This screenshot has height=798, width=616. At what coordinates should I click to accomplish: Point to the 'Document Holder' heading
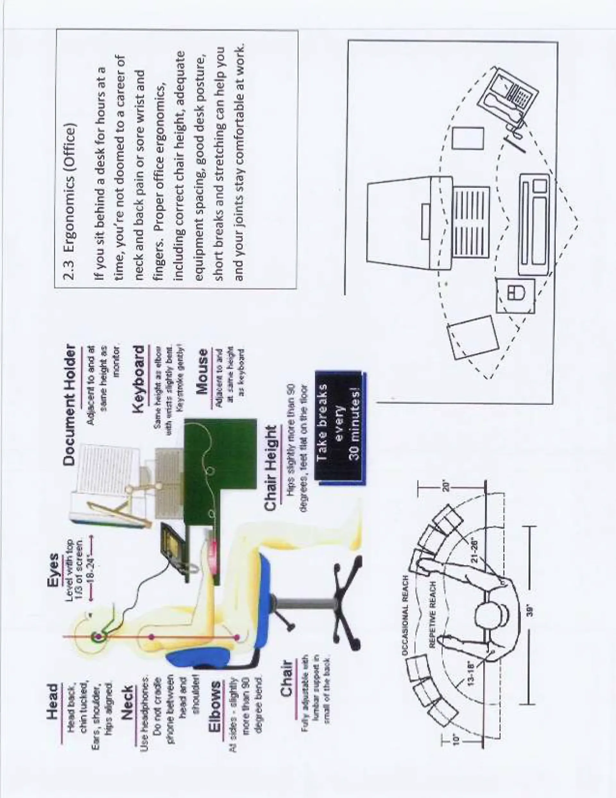(71, 405)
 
